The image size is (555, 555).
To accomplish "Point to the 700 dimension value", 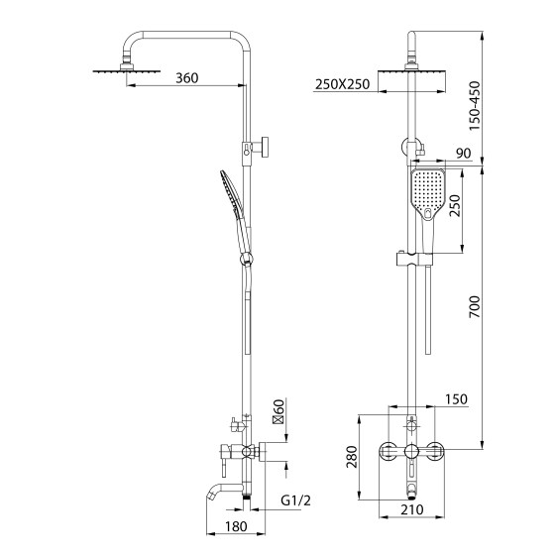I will point(477,305).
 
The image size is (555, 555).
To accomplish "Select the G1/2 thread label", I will point(297,500).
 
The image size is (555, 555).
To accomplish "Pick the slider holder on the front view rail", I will point(412,262).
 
